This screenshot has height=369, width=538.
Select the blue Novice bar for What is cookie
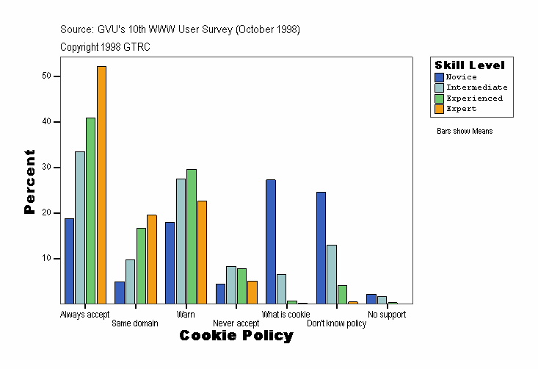[x=271, y=242]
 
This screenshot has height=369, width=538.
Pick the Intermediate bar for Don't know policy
[x=332, y=274]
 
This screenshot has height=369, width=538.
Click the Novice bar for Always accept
[x=69, y=261]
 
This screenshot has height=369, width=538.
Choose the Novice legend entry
[x=461, y=77]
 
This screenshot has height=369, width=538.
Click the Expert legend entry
[x=461, y=109]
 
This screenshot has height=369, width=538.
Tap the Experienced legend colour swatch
[x=439, y=98]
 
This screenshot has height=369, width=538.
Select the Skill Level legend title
[x=470, y=65]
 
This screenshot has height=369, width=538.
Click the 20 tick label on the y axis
[x=46, y=213]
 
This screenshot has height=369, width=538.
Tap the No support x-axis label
[x=387, y=315]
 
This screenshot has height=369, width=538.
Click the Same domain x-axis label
[x=134, y=323]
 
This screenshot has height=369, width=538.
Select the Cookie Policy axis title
[x=236, y=336]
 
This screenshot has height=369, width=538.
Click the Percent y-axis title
[x=29, y=182]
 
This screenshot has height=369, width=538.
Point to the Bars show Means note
[x=465, y=132]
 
